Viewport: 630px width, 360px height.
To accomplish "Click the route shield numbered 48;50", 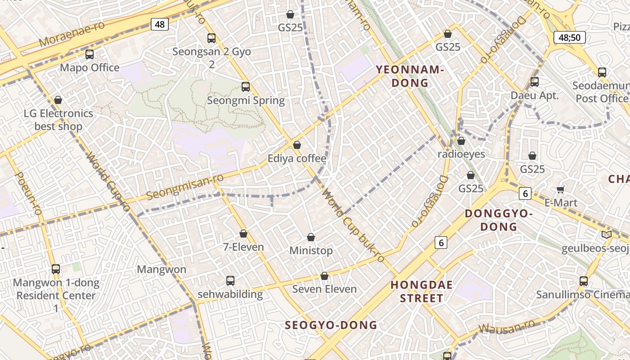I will (x=569, y=37).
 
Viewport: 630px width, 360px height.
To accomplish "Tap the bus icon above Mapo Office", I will (x=90, y=54).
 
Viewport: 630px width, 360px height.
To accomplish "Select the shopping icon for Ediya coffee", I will (x=297, y=145).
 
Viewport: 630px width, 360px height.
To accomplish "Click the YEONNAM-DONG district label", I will (x=410, y=76).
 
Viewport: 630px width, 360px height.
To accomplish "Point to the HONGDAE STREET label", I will (x=422, y=291).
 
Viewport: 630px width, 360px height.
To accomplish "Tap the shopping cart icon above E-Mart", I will (x=561, y=189).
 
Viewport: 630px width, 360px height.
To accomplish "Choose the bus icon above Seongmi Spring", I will (x=246, y=87).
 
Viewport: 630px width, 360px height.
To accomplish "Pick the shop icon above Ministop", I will (x=311, y=237).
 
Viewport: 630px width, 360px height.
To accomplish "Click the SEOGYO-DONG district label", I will (x=331, y=325).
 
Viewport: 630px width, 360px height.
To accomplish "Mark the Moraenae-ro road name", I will (x=72, y=34).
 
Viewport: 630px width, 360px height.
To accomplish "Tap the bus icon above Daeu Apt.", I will (x=535, y=82).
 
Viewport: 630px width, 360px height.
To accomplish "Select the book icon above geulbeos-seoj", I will (x=607, y=234).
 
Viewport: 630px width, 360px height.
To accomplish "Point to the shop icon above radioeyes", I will (x=461, y=141).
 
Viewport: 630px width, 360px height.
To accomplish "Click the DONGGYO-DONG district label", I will (x=499, y=220).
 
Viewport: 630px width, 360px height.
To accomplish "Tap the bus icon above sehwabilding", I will (x=230, y=281).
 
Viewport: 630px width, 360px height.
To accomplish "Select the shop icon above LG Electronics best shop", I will (x=58, y=100).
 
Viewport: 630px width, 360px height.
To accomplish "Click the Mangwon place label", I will (x=162, y=270).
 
